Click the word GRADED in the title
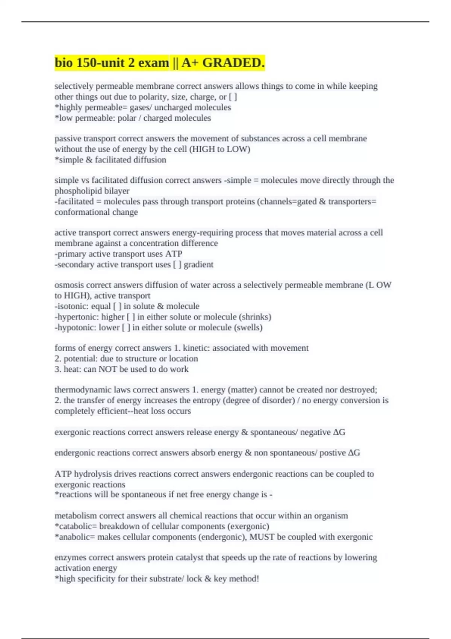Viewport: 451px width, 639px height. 233,63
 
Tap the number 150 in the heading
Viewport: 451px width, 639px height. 85,63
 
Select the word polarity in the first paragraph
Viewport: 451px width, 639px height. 154,97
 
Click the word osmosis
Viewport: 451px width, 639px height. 68,285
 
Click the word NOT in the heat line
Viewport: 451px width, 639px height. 107,369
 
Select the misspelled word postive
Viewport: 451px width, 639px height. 332,453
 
